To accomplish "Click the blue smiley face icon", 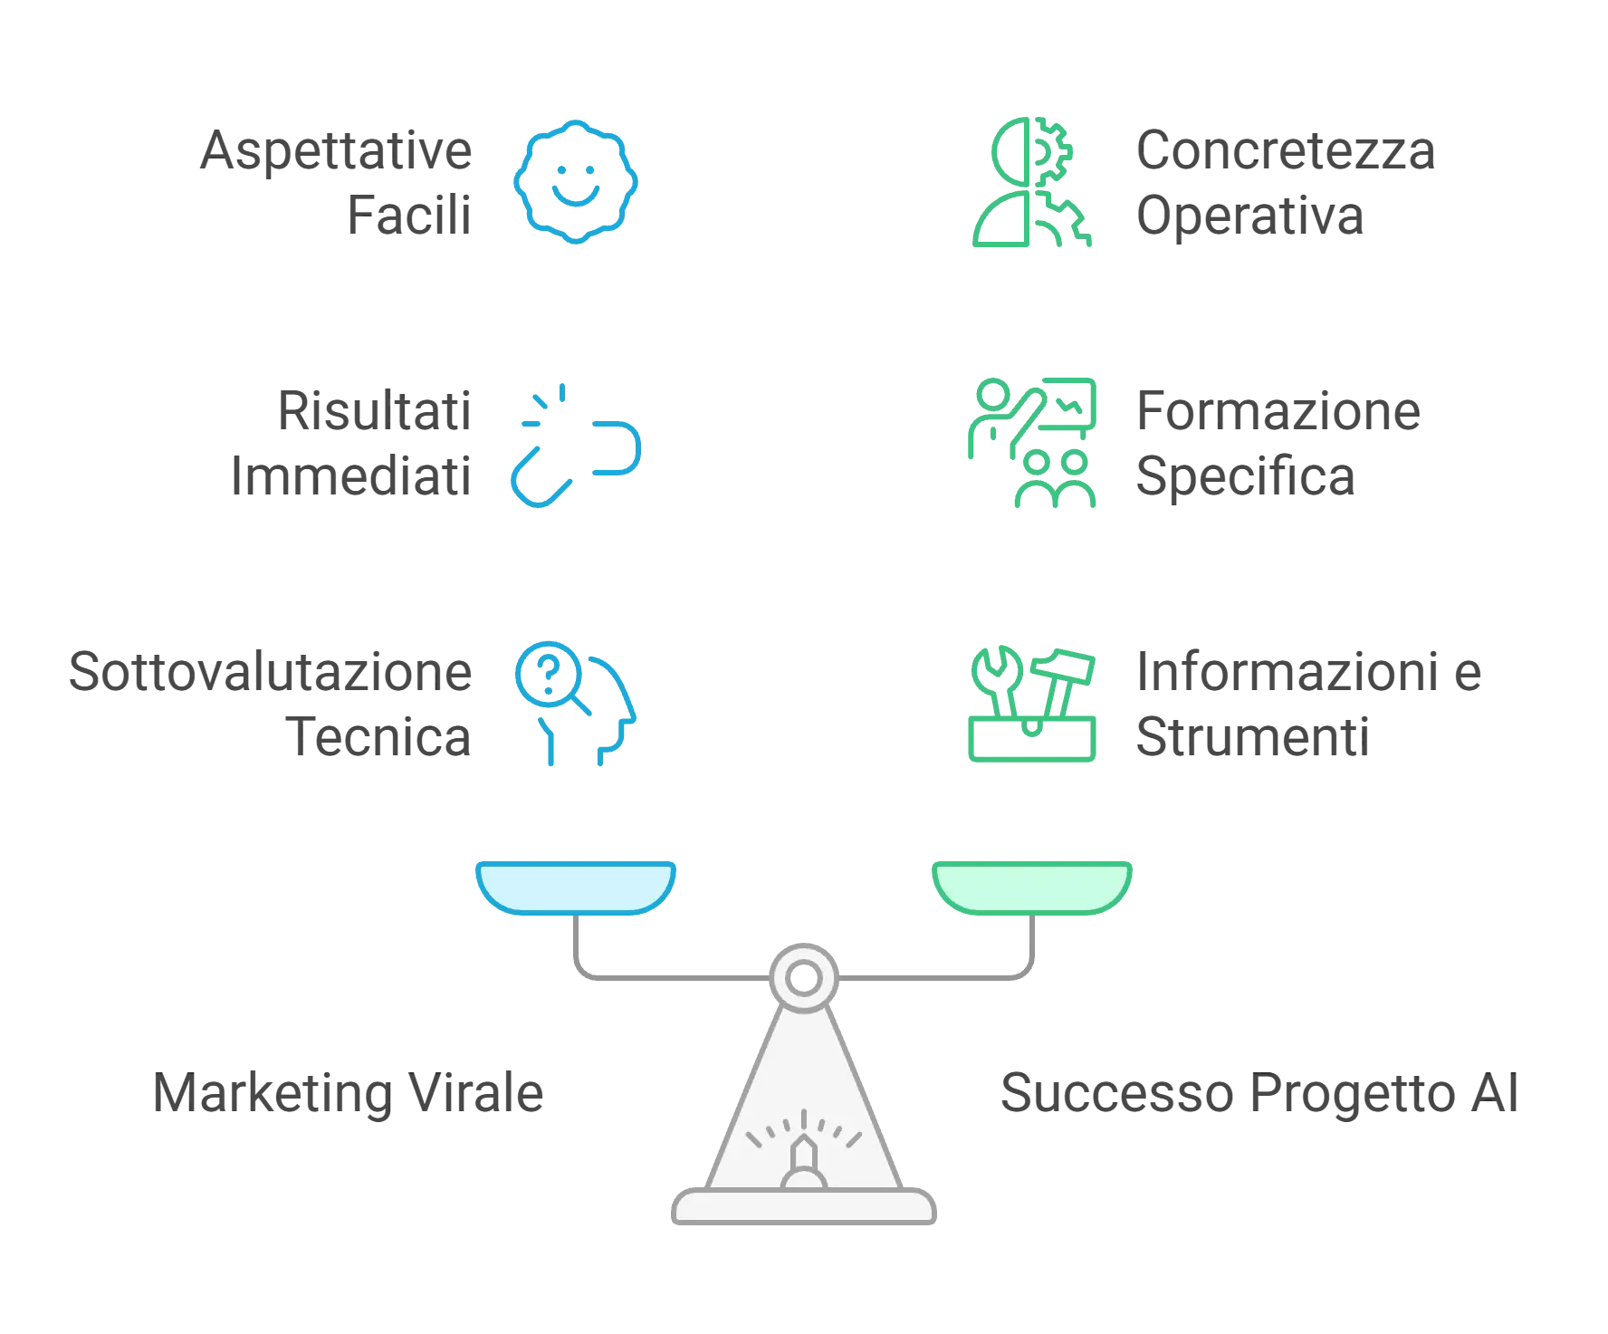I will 578,181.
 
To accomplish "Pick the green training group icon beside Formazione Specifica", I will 1031,445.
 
